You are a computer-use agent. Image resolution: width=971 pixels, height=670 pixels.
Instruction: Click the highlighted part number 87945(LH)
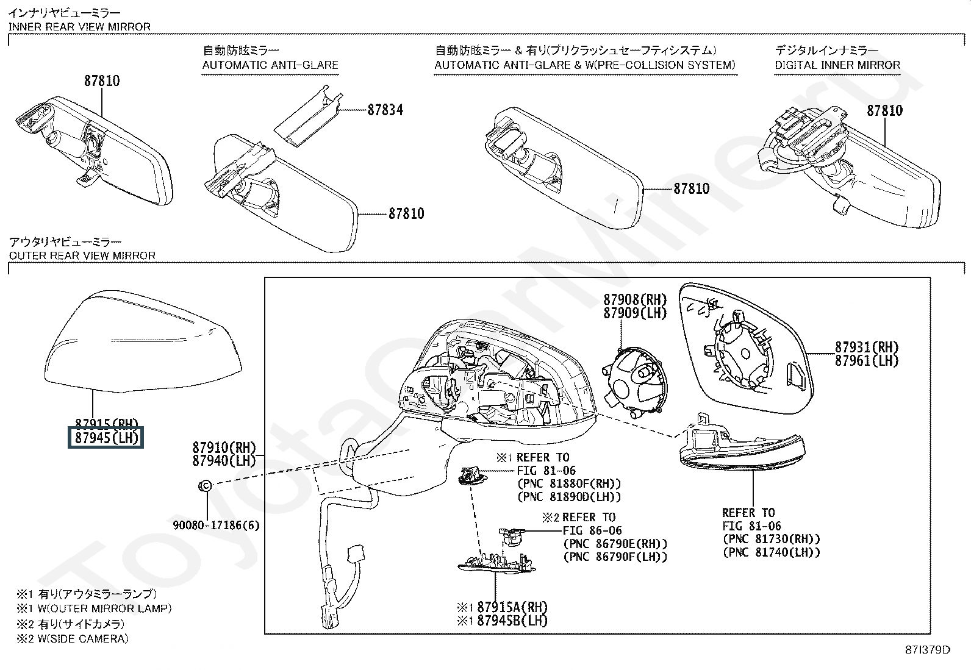(x=105, y=438)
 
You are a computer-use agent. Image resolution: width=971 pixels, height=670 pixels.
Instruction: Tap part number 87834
(x=385, y=110)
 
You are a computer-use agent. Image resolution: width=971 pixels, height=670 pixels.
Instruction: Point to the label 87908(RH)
(x=635, y=299)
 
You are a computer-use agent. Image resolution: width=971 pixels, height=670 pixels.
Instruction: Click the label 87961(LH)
(x=867, y=361)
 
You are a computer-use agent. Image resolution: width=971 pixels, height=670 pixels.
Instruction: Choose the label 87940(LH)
(x=224, y=461)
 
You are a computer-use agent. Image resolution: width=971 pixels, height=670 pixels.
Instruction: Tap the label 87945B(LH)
(x=512, y=621)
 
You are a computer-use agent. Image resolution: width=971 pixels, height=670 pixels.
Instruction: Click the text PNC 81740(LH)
(x=771, y=552)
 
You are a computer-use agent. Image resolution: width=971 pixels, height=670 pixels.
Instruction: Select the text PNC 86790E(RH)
(x=615, y=544)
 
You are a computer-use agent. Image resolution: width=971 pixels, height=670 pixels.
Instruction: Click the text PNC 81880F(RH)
(x=569, y=483)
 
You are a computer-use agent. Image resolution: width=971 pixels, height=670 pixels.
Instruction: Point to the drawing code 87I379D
(x=928, y=650)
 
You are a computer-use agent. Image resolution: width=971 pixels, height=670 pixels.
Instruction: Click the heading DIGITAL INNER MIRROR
(x=837, y=65)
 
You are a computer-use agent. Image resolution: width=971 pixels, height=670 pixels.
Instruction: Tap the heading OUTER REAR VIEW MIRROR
(x=82, y=255)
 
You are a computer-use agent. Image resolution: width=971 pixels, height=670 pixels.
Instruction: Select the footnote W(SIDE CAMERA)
(x=79, y=639)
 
